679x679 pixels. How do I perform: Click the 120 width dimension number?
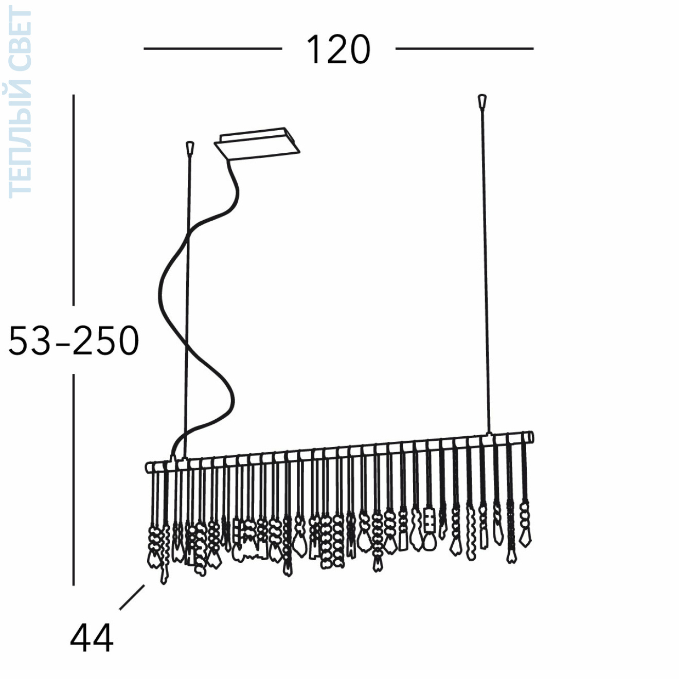point(338,49)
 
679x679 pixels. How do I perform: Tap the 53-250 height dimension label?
point(73,340)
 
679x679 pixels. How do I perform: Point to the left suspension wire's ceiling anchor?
point(190,148)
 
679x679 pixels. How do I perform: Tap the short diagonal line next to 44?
point(132,597)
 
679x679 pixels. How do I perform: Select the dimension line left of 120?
point(213,49)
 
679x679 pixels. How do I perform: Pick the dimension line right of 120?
point(464,49)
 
